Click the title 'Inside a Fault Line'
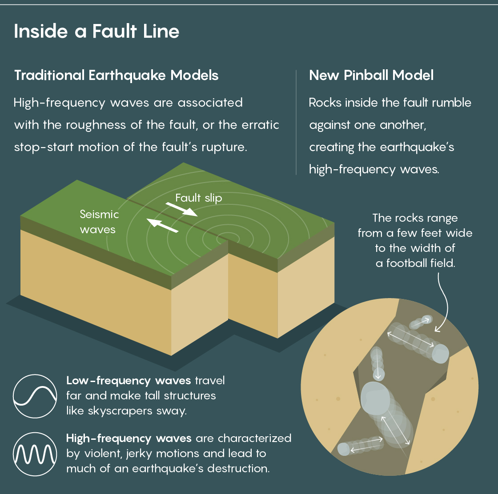96,32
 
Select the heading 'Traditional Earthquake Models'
116,75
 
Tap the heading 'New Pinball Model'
371,75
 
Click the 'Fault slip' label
198,198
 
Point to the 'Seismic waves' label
99,222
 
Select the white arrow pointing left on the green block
162,226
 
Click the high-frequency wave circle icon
35,453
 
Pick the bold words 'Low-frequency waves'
129,381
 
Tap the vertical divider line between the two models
296,122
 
